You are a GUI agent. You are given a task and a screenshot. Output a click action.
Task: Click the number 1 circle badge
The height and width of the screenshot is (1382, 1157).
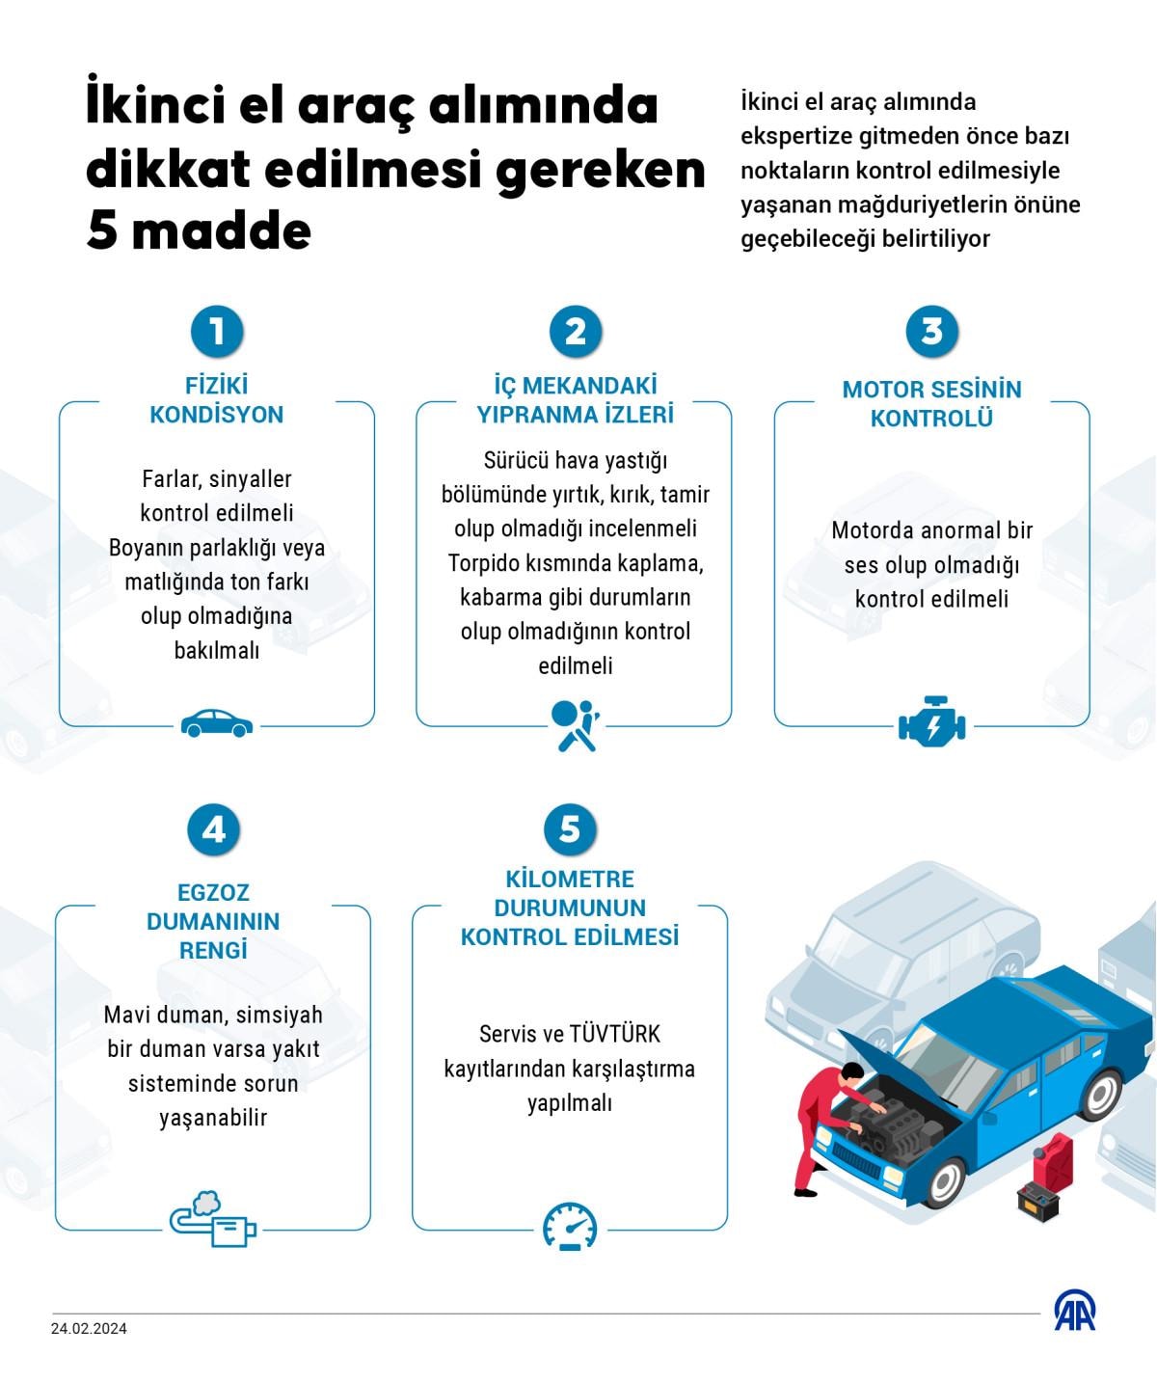click(x=216, y=331)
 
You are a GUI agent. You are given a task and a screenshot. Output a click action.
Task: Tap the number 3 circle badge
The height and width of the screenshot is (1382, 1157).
click(x=931, y=331)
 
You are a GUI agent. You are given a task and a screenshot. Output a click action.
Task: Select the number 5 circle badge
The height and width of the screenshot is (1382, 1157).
click(x=570, y=829)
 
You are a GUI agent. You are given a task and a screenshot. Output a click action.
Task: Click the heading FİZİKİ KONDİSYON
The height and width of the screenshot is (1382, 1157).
click(x=217, y=400)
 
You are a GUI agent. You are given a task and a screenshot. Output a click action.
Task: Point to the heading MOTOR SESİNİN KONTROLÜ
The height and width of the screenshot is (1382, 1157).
click(x=931, y=404)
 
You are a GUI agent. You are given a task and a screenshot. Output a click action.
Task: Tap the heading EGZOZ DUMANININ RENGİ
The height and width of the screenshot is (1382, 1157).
click(x=213, y=921)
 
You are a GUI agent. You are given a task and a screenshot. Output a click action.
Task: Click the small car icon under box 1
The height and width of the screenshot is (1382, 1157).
click(x=217, y=723)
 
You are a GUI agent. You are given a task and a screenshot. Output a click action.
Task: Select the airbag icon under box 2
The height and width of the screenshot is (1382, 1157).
click(x=575, y=725)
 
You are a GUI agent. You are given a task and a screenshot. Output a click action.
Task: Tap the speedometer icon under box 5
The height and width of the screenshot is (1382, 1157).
click(x=570, y=1227)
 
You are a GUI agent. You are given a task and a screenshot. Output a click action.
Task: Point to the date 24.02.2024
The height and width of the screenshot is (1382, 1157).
click(x=89, y=1329)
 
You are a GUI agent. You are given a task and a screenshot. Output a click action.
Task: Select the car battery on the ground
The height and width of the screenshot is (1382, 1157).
click(x=1038, y=1201)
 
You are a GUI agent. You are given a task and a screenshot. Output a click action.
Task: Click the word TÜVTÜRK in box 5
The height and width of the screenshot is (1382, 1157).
click(x=615, y=1035)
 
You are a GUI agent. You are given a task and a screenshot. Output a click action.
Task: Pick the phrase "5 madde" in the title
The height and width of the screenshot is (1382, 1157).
click(x=199, y=231)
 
